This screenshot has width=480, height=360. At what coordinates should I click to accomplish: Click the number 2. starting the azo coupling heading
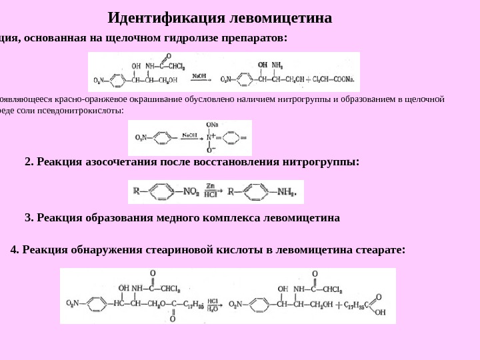pos(29,161)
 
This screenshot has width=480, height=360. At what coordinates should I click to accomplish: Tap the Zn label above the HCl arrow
pos(210,186)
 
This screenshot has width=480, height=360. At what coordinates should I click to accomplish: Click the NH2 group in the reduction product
pos(287,192)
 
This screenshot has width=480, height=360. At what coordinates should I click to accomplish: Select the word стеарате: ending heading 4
pos(380,250)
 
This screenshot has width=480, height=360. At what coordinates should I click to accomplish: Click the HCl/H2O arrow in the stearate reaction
pos(213,305)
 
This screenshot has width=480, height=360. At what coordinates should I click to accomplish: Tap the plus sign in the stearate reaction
pos(336,305)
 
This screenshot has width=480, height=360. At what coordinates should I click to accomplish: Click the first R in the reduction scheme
pos(136,191)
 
